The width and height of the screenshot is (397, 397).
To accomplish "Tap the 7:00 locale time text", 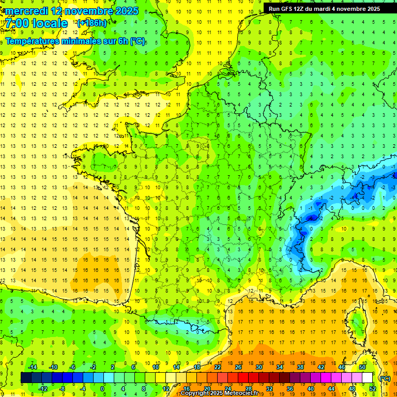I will click(x=37, y=23).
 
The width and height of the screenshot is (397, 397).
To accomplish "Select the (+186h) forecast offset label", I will click(x=92, y=23).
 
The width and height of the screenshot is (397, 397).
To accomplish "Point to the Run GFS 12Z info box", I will click(x=324, y=8).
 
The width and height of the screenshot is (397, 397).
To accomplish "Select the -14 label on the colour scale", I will click(x=32, y=367).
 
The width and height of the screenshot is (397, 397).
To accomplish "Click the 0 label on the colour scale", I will click(x=102, y=388).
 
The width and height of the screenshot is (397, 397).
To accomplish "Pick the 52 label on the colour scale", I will click(x=373, y=388).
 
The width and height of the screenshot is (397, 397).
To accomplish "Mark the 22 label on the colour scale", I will click(x=218, y=367).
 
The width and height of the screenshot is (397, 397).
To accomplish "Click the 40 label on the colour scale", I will click(x=311, y=388).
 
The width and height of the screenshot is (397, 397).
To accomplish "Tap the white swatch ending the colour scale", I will click(x=368, y=377).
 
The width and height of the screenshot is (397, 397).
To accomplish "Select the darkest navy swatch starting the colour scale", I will click(x=26, y=377).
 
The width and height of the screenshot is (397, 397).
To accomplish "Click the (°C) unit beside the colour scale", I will click(x=385, y=378).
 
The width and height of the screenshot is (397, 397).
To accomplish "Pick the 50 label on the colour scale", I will click(x=362, y=367).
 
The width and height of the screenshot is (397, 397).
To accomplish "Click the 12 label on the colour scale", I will click(x=165, y=388).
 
